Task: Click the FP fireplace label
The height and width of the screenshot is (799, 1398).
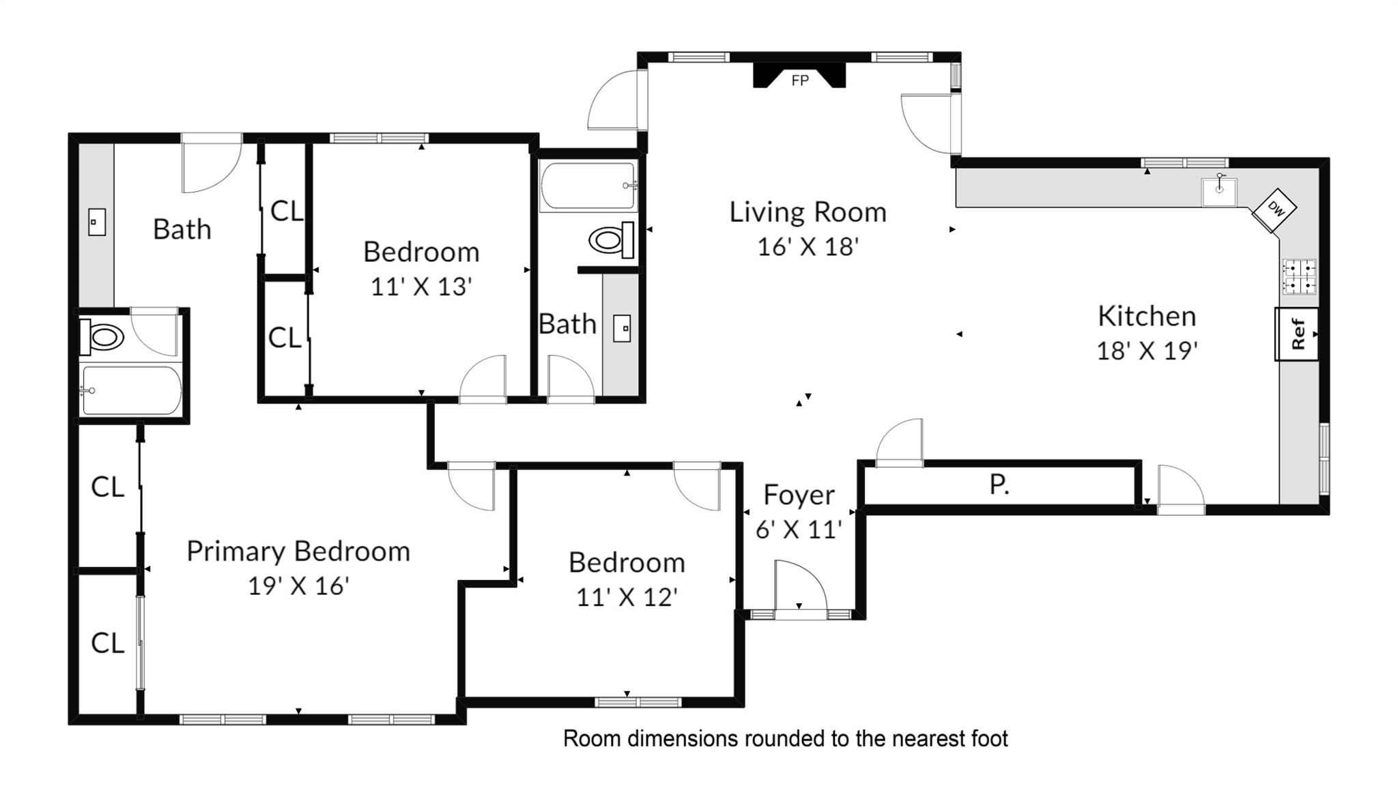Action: [800, 81]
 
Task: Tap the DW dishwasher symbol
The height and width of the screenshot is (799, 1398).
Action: [1274, 210]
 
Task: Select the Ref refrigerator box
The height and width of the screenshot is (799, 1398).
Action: [1297, 334]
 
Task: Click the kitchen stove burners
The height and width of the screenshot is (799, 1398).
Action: [1299, 276]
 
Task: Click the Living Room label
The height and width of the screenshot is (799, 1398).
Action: [808, 212]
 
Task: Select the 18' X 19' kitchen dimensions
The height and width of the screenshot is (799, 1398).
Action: [1147, 351]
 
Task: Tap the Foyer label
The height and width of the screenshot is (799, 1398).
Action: [799, 495]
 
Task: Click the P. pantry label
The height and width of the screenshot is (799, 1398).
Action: [999, 484]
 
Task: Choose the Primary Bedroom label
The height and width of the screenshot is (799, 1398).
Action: [298, 551]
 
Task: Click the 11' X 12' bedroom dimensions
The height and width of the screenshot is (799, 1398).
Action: [627, 597]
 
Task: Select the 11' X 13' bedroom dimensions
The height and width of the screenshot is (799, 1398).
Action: [421, 287]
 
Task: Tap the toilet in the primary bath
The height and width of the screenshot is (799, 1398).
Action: [102, 337]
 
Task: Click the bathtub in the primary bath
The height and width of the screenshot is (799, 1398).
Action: [131, 390]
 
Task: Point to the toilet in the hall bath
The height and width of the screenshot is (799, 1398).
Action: [612, 239]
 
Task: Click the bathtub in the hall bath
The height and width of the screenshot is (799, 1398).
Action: [588, 186]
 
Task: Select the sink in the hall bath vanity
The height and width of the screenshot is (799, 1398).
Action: [622, 328]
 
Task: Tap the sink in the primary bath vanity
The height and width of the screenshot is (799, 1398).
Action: [97, 222]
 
